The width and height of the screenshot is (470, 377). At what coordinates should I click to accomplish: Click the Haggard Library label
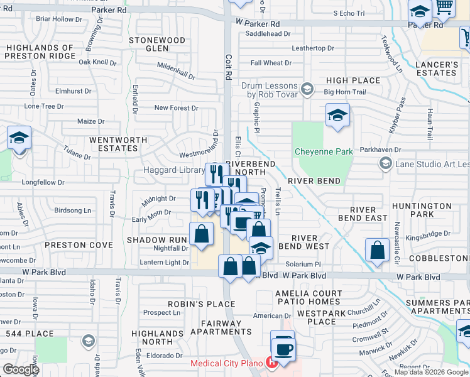coord(174,170)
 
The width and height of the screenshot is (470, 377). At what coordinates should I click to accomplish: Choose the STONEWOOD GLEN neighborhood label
coord(157,44)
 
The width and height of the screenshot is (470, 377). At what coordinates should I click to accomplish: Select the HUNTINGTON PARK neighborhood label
coord(421,210)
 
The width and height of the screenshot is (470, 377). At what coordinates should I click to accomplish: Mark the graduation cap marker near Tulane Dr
coord(19,138)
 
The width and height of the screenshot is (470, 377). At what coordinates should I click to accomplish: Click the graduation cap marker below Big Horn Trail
coord(337,116)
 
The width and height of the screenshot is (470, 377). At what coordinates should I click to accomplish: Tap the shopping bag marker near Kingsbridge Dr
coord(378,249)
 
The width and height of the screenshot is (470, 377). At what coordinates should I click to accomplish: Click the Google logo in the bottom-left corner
coord(21,369)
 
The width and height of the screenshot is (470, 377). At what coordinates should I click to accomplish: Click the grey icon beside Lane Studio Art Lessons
coord(385,165)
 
